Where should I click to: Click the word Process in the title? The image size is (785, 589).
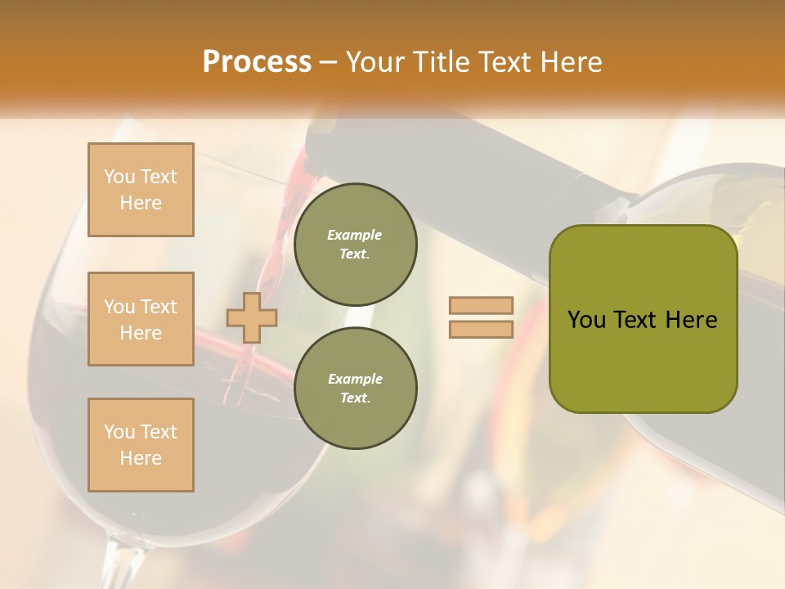(x=257, y=62)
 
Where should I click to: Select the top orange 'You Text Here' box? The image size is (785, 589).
(x=141, y=190)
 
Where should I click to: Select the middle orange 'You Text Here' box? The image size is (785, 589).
(x=141, y=319)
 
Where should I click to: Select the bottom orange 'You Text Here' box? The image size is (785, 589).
(x=141, y=445)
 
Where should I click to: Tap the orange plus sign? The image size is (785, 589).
(x=252, y=317)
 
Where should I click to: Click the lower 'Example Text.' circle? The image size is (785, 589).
(x=355, y=388)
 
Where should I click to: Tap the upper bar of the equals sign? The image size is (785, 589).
(x=481, y=306)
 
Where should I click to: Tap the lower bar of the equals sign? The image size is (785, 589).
(x=481, y=329)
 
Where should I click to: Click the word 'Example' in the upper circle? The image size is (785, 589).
(x=355, y=235)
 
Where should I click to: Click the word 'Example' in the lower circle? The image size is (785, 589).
(x=355, y=379)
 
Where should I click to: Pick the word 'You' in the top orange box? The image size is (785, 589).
(x=119, y=177)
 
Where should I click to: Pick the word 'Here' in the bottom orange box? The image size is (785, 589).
(x=141, y=458)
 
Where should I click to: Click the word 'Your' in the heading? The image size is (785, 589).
(x=375, y=62)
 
